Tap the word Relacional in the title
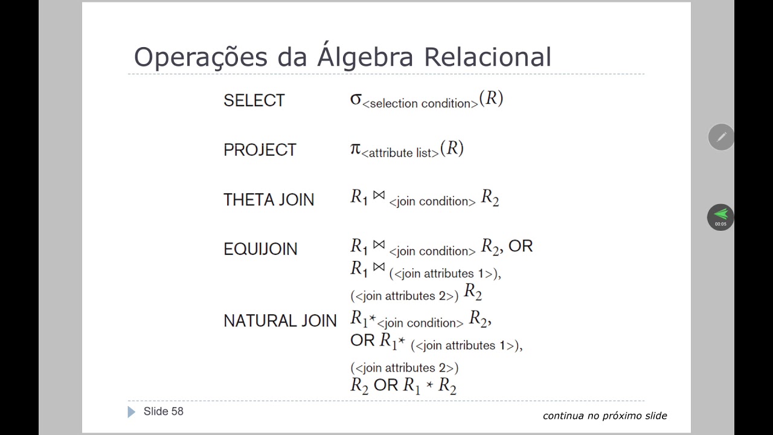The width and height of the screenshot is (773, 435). click(x=487, y=57)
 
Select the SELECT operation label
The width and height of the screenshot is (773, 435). click(x=254, y=101)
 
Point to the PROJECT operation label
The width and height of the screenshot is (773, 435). click(x=260, y=150)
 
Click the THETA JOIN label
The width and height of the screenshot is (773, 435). click(x=269, y=200)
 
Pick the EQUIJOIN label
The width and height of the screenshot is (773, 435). click(x=260, y=250)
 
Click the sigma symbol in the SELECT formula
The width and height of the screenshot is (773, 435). click(x=356, y=99)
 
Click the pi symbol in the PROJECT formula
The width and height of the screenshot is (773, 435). click(x=356, y=149)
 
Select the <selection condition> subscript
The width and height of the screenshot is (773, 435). click(x=420, y=104)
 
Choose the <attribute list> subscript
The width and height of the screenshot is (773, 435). click(x=400, y=153)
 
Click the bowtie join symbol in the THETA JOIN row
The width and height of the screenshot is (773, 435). click(x=379, y=196)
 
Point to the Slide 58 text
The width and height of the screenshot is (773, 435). click(x=163, y=411)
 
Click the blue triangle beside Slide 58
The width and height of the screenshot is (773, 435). click(x=132, y=412)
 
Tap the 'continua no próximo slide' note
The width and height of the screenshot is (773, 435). click(x=605, y=416)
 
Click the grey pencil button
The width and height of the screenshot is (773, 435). click(x=721, y=137)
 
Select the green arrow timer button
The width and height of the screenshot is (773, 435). click(x=720, y=217)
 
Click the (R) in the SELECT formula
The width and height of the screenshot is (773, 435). click(x=492, y=98)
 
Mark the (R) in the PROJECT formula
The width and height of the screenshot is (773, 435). click(x=452, y=148)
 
